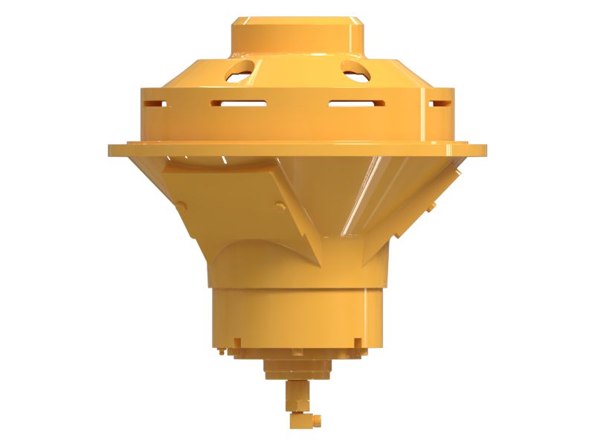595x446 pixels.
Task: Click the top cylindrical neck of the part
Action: click(297, 33)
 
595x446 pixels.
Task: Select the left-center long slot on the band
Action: click(238, 103)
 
